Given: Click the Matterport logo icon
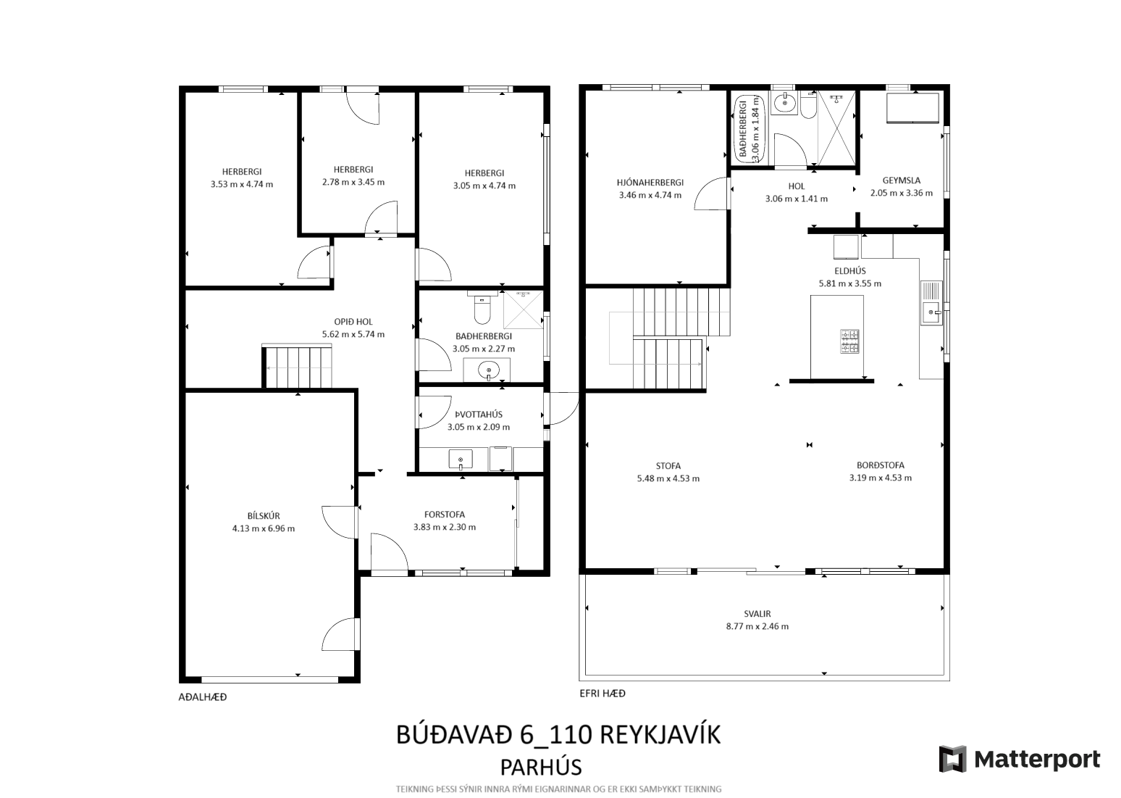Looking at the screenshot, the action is coord(953,760).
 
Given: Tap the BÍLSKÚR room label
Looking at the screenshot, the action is coord(264,515).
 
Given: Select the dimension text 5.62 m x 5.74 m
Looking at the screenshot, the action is coord(353,334).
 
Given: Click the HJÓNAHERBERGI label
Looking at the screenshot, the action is coord(650,183).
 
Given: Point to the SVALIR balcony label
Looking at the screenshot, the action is coord(757,614).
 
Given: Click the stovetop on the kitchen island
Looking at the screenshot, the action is coord(849,341).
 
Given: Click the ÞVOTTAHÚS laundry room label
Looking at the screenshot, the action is coord(479,415).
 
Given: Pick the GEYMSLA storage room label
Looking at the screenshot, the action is coord(902,180).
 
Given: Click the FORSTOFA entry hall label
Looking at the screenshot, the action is coord(445,515).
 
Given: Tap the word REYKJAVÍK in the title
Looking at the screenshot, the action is coord(660,735).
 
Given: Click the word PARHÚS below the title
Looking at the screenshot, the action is coord(541,768).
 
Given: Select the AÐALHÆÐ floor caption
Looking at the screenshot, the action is coord(203,697).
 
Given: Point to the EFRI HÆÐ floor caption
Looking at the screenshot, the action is coord(603,694).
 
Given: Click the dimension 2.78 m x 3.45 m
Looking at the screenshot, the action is coord(353,182).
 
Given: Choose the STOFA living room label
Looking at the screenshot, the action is coord(668,466).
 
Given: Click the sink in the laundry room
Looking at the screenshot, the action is coord(461,460).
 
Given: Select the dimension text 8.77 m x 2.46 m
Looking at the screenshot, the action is coord(757,626).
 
